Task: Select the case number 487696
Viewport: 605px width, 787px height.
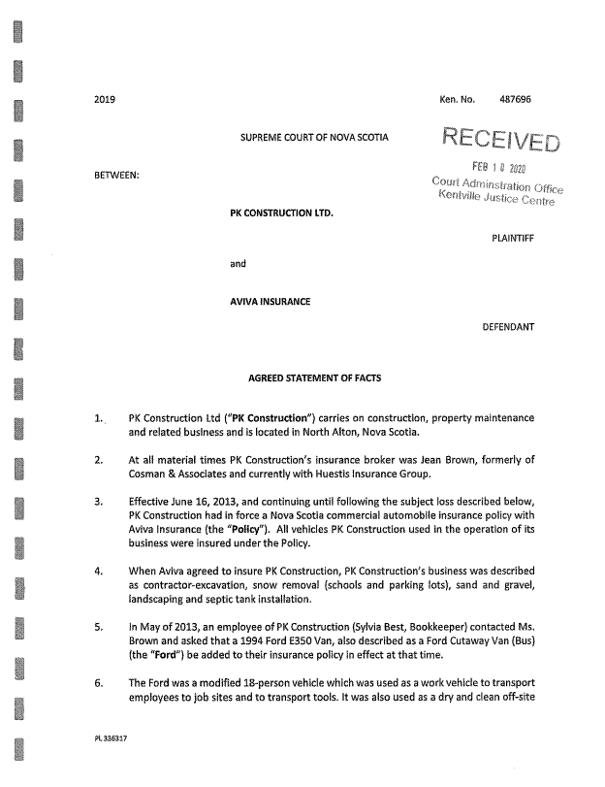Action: (515, 99)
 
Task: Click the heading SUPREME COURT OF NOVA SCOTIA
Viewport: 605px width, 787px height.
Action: (314, 138)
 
